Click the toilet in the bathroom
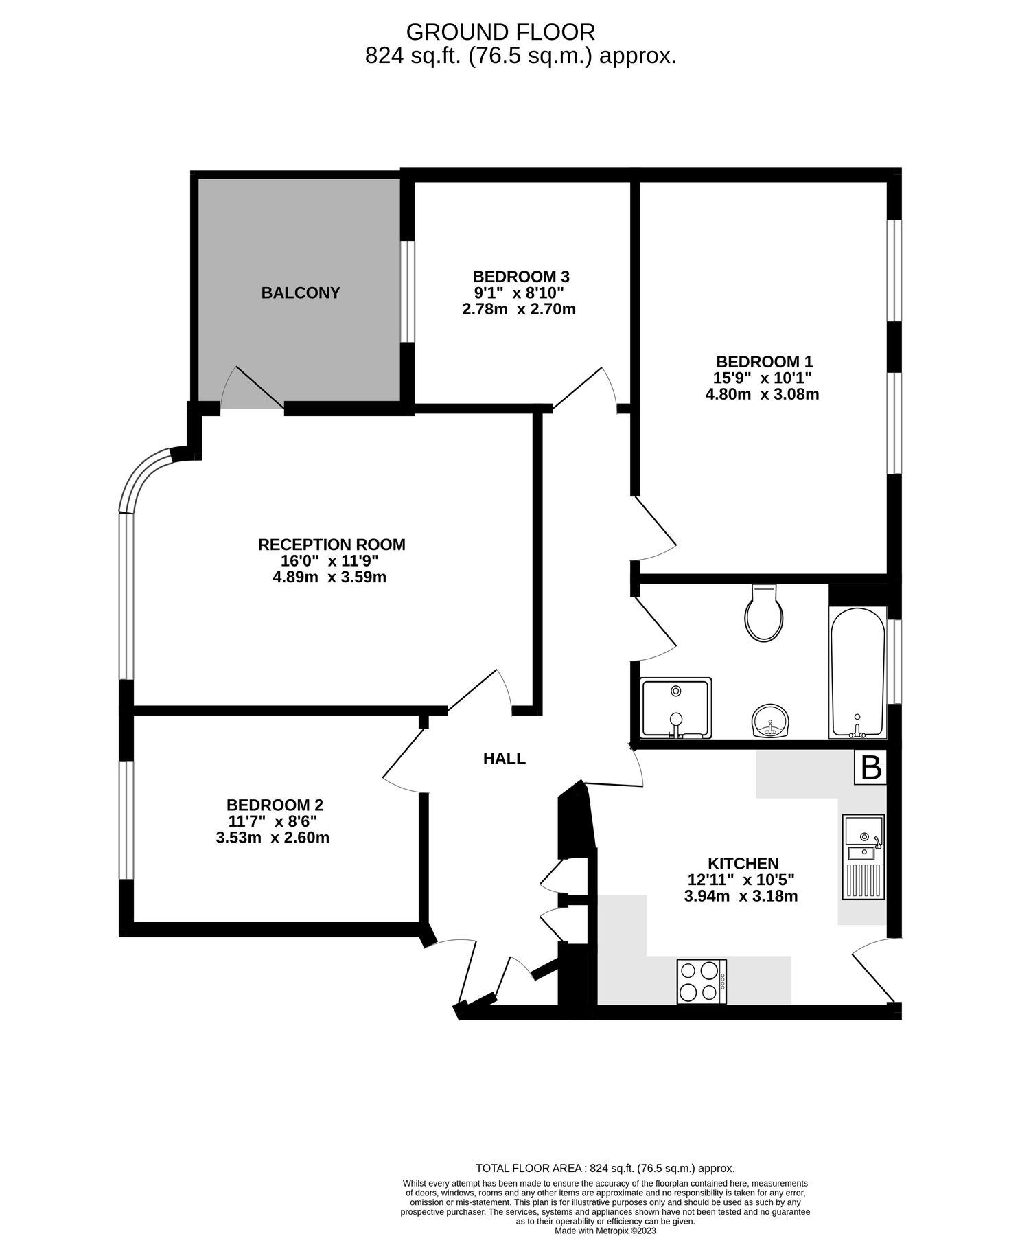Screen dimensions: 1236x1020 tap(763, 615)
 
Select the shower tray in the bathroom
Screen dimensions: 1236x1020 tap(675, 708)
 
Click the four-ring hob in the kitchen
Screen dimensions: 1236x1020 tap(701, 981)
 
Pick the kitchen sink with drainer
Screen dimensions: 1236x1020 tap(863, 856)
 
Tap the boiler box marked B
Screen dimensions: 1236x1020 tap(870, 767)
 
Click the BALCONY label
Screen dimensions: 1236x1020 tap(301, 293)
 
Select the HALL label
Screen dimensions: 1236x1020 tap(504, 759)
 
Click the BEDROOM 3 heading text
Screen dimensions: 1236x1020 tap(520, 277)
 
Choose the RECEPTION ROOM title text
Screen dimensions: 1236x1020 tap(332, 545)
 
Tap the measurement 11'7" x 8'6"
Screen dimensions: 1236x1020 tap(273, 821)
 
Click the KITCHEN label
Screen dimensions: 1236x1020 tap(743, 864)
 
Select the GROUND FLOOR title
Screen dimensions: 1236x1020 tap(500, 32)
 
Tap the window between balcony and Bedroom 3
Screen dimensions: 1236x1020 tap(407, 291)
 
